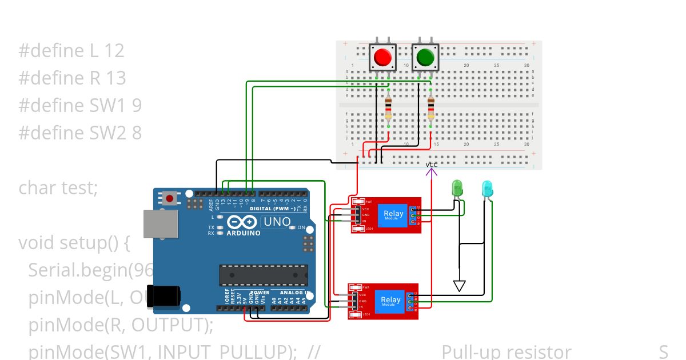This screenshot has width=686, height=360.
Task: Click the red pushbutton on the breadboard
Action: click(382, 57)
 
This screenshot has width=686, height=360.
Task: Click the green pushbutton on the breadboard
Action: click(425, 57)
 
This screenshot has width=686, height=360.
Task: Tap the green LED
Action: click(457, 188)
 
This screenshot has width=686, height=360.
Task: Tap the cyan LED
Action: click(487, 189)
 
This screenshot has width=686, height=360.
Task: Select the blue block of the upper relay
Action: click(393, 215)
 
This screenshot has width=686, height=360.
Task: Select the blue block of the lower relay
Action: click(390, 301)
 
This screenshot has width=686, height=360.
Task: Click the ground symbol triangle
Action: click(459, 285)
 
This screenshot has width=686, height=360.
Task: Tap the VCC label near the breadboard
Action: click(432, 165)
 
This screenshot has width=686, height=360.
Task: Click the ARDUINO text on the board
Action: click(243, 233)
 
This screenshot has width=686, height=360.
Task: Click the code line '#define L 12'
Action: click(71, 51)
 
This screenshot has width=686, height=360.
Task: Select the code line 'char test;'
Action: click(58, 187)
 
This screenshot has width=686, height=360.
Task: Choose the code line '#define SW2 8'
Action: click(80, 133)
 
